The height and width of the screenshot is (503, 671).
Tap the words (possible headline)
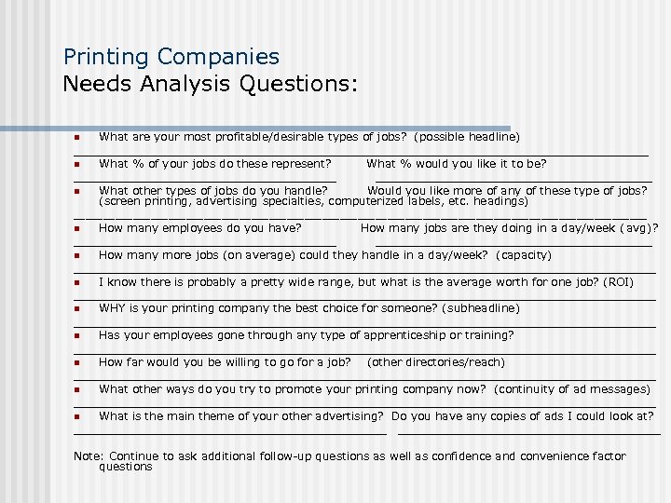(x=467, y=137)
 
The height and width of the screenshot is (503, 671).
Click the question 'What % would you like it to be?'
(x=457, y=164)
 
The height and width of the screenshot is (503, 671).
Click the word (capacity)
(x=524, y=254)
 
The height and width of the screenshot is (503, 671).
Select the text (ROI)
(x=618, y=281)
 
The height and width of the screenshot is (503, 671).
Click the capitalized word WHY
(x=112, y=308)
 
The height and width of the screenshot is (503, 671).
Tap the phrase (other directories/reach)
(x=436, y=362)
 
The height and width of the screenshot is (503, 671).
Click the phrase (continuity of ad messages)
(x=572, y=389)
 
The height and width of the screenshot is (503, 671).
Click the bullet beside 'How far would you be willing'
(x=77, y=363)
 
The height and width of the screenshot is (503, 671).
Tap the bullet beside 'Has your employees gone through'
(x=77, y=336)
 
